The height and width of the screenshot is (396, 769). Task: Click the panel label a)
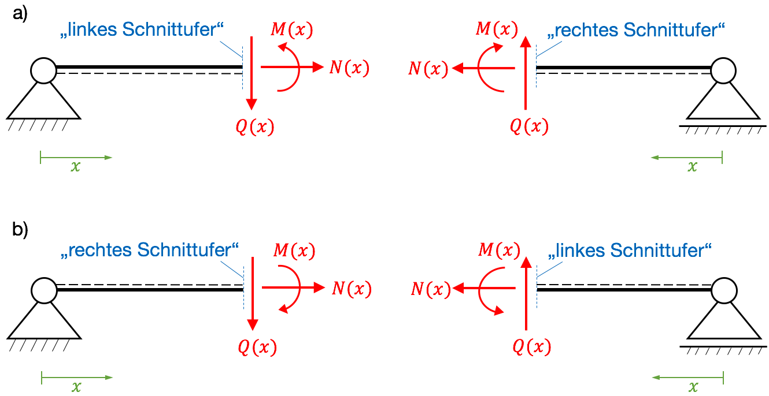point(20,14)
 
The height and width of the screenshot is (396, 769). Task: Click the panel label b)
point(20,230)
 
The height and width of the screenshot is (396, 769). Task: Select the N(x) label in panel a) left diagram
point(349,68)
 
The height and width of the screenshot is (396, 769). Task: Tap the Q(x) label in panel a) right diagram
point(528,126)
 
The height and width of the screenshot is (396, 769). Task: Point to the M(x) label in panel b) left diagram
point(294,251)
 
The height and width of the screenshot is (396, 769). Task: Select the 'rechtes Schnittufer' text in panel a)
point(635,29)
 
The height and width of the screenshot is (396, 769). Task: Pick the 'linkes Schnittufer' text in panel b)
point(630,251)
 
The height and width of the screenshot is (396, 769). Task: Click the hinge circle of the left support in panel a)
point(44,71)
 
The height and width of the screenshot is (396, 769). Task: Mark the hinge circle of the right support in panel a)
point(723,71)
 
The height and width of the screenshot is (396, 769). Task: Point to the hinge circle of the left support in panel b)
point(44,290)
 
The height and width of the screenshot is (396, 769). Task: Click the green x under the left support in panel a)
point(75,167)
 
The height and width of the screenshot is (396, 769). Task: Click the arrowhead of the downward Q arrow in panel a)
point(252,104)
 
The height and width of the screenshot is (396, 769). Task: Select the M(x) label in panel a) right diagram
point(496,29)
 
